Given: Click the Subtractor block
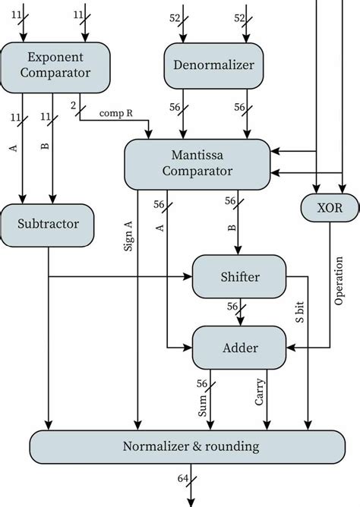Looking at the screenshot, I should point(49,224).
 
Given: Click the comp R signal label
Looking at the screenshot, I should point(115,113).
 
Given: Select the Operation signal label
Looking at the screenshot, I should point(338,282).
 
